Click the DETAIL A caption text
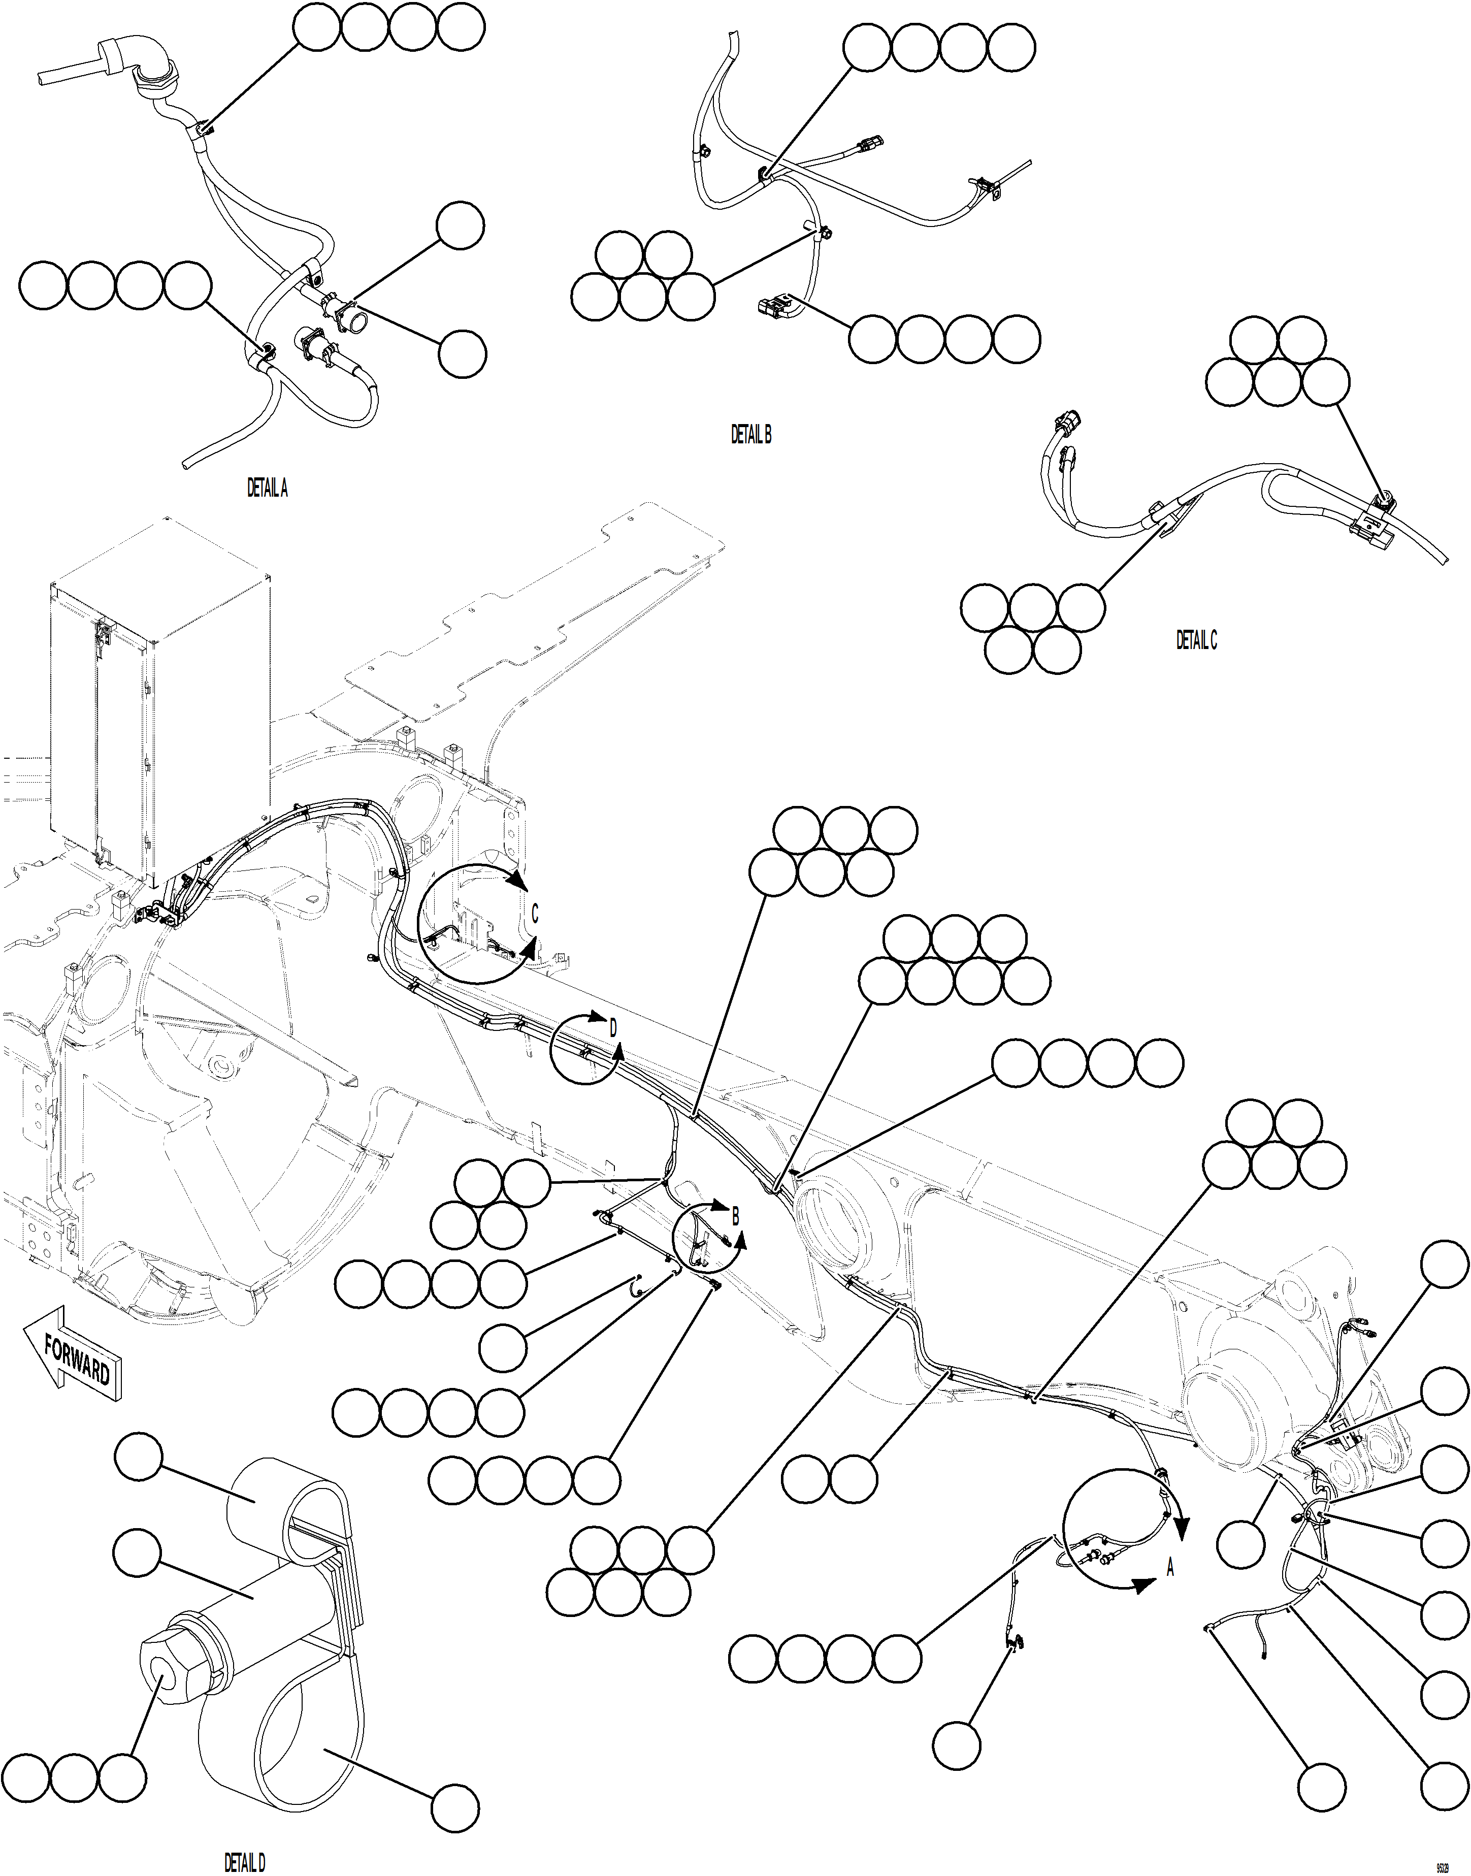(267, 489)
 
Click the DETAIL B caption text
(751, 435)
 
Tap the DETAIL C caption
(1196, 640)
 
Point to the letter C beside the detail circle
(535, 915)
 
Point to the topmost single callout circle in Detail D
(138, 1457)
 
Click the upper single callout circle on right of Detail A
(460, 225)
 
